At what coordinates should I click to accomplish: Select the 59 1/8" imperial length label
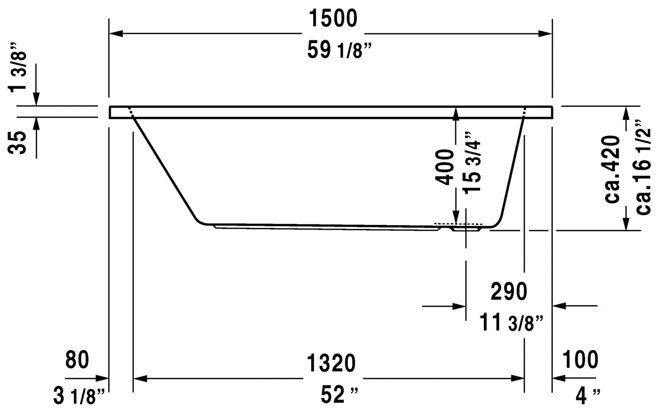(339, 50)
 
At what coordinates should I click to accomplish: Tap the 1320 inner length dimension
(331, 363)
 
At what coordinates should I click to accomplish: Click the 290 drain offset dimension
(509, 292)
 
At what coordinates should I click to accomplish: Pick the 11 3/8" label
(512, 322)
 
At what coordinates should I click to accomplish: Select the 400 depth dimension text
(445, 167)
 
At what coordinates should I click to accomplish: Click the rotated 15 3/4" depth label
(472, 162)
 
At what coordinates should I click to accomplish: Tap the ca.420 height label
(612, 169)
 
